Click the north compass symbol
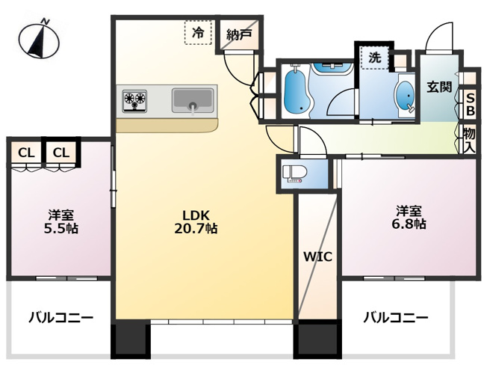pyautogui.click(x=40, y=40)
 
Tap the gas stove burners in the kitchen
pyautogui.click(x=135, y=100)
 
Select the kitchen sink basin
pyautogui.click(x=193, y=99)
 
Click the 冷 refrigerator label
pyautogui.click(x=198, y=32)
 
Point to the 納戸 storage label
pyautogui.click(x=239, y=33)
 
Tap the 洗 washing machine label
pyautogui.click(x=373, y=56)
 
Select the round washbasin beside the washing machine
pyautogui.click(x=406, y=95)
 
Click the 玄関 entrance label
pyautogui.click(x=439, y=86)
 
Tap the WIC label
pyautogui.click(x=317, y=256)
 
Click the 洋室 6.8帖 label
pyautogui.click(x=410, y=216)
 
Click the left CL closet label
pyautogui.click(x=26, y=153)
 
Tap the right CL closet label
pyautogui.click(x=61, y=153)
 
